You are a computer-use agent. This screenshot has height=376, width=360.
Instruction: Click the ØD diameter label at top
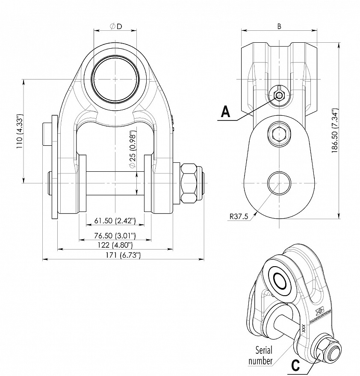[x=116, y=26]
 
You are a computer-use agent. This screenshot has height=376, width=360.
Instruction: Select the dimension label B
[x=279, y=26]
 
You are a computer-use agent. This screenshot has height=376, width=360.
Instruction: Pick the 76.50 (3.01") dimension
[x=115, y=236]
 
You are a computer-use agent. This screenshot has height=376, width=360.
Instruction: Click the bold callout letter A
[x=226, y=112]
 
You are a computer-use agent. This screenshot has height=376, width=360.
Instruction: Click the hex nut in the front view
[x=190, y=183]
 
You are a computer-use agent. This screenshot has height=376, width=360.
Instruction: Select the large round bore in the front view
[x=116, y=79]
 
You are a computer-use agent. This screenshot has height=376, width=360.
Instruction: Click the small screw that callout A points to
[x=279, y=95]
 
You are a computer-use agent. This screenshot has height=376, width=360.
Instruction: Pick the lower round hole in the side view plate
[x=279, y=183]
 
